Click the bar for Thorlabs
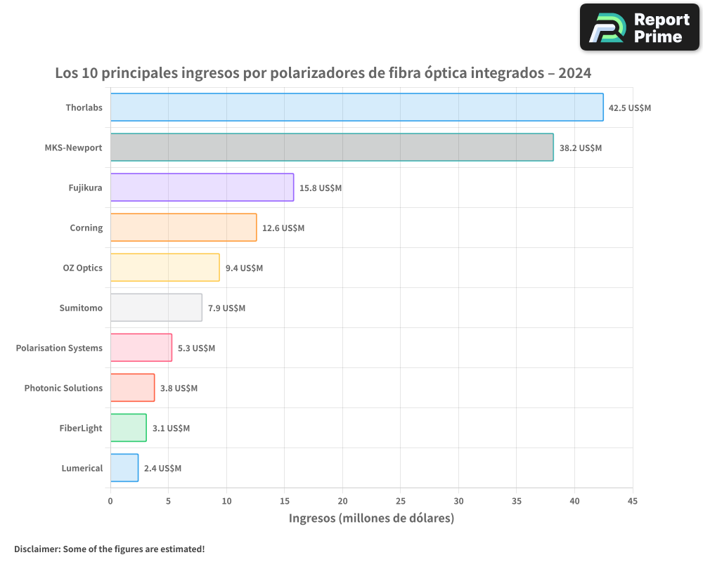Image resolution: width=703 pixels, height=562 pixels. click(x=356, y=107)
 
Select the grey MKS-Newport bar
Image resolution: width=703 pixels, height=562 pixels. click(x=332, y=148)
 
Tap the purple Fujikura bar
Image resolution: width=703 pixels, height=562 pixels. click(x=202, y=188)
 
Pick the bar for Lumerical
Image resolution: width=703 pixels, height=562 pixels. click(x=124, y=468)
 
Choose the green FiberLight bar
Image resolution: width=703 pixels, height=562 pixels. click(x=128, y=428)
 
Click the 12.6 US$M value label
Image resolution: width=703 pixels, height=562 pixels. click(x=283, y=228)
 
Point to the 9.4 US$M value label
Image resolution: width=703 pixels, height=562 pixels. click(x=244, y=268)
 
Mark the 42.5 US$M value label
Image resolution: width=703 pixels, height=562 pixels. click(x=630, y=107)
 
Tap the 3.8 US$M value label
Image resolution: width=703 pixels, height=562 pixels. click(x=179, y=388)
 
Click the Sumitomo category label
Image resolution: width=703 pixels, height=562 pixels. click(x=82, y=308)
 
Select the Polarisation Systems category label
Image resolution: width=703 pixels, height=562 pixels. click(x=59, y=348)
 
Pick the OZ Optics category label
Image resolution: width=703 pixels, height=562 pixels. click(x=83, y=268)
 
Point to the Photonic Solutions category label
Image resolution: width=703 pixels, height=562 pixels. click(x=63, y=388)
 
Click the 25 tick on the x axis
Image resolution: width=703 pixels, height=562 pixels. click(x=400, y=501)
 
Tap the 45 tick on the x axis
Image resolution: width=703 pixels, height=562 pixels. click(x=632, y=501)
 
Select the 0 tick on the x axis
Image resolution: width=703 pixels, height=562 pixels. click(x=110, y=501)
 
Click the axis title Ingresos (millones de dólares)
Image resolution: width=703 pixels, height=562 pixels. click(x=371, y=518)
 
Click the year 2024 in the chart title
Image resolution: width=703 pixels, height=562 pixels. click(x=574, y=73)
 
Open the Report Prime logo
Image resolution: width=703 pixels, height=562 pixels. click(x=639, y=27)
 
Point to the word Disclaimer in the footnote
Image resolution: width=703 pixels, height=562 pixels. click(x=37, y=549)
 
